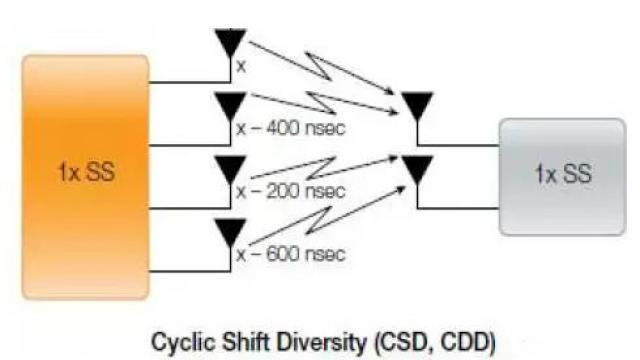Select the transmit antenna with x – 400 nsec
point(231,105)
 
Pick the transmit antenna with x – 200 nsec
point(231,167)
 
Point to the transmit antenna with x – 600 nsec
point(231,231)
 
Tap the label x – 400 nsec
point(291,128)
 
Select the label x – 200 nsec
point(291,191)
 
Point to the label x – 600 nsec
point(291,254)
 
